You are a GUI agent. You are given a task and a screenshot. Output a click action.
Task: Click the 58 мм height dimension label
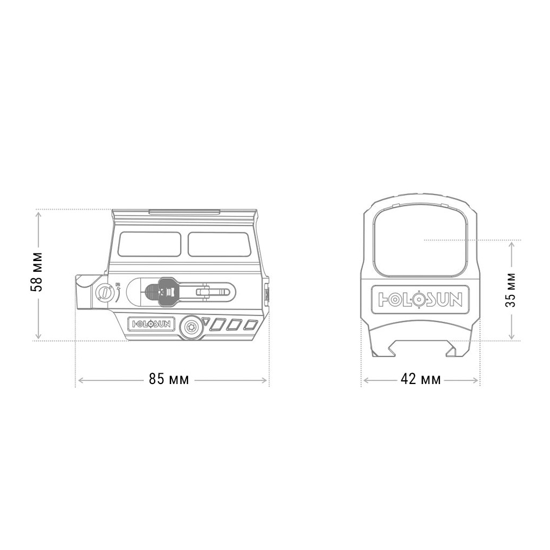tap(37, 271)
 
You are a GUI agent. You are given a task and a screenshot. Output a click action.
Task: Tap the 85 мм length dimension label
tap(169, 379)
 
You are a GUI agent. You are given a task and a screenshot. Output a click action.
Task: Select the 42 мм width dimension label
tap(421, 379)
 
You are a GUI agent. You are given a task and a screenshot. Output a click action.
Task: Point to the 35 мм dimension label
tap(511, 290)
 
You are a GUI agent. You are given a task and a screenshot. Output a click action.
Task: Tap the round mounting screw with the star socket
tap(191, 327)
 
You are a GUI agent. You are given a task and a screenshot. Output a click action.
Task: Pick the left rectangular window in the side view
tap(149, 244)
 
